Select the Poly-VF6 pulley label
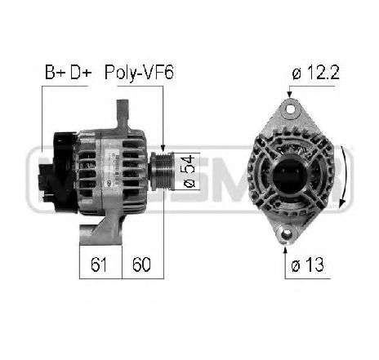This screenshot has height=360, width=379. [139, 73]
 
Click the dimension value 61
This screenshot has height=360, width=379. [100, 264]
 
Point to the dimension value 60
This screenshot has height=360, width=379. [141, 264]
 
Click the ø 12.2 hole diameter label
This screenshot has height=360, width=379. [314, 74]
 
